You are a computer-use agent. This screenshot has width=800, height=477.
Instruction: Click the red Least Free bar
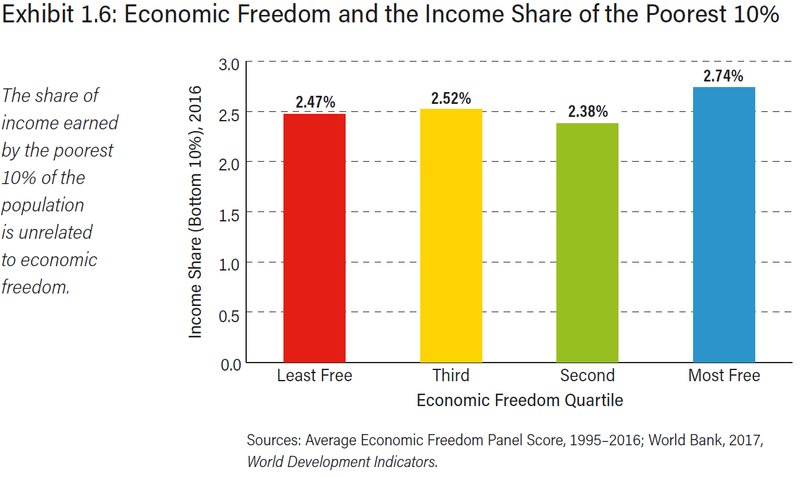[x=315, y=238]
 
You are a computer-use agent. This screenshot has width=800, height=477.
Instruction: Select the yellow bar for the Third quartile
[x=451, y=236]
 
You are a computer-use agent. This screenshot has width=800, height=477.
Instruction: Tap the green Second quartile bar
[x=587, y=243]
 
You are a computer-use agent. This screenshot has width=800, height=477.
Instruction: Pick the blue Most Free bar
[x=724, y=225]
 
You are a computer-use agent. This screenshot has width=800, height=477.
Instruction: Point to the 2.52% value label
[x=451, y=98]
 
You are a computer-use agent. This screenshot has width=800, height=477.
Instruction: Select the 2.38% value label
[x=587, y=112]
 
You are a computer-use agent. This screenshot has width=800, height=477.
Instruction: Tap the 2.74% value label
[x=724, y=76]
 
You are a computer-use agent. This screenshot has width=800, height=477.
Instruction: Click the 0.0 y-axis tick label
[x=229, y=364]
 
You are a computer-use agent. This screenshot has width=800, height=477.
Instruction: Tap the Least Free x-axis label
[x=315, y=376]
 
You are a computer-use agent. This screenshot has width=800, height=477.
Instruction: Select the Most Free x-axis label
[x=724, y=376]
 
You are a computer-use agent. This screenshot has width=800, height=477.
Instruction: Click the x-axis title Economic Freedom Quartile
[x=520, y=400]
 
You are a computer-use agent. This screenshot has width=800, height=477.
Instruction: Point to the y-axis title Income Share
[x=196, y=212]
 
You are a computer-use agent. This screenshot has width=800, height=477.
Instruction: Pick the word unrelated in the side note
[x=56, y=233]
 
